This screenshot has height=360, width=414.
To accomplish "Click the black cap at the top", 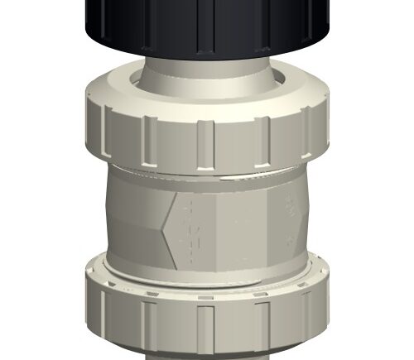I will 207,25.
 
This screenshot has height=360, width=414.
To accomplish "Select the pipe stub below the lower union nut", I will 207,354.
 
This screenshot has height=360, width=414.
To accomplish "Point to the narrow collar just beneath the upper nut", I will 207,170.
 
